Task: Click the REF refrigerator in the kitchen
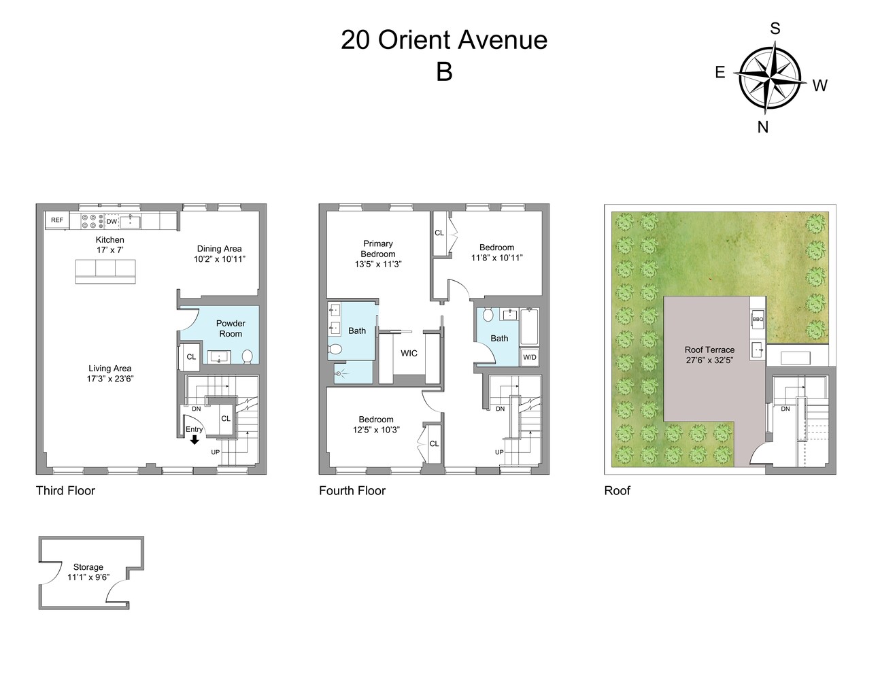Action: [x=57, y=220]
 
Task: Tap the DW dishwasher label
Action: [x=112, y=222]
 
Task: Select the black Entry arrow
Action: [x=194, y=439]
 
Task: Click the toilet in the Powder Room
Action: [x=247, y=356]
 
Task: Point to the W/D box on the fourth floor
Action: [x=529, y=357]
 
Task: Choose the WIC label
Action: [x=409, y=354]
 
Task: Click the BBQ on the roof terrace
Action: [x=758, y=319]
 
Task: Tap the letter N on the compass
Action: [x=763, y=127]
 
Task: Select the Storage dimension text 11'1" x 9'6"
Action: [x=88, y=577]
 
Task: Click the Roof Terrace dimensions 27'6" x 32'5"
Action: [x=709, y=360]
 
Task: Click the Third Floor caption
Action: [x=65, y=490]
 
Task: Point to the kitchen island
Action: [x=105, y=271]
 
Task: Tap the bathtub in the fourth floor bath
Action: [x=529, y=326]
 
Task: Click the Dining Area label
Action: [x=219, y=248]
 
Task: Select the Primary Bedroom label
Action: [x=378, y=248]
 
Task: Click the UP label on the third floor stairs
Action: [x=216, y=452]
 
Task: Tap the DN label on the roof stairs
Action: [x=785, y=409]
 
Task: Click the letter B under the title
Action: [x=444, y=72]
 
